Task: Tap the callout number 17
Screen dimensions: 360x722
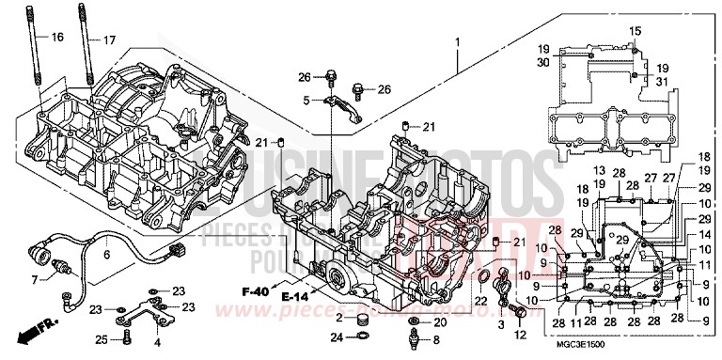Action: [x=110, y=39]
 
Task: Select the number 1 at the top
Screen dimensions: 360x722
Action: [x=458, y=43]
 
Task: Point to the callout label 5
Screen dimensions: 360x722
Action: [x=306, y=100]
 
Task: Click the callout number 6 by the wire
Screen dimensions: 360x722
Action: [x=106, y=254]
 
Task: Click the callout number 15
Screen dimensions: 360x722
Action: [x=634, y=32]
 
